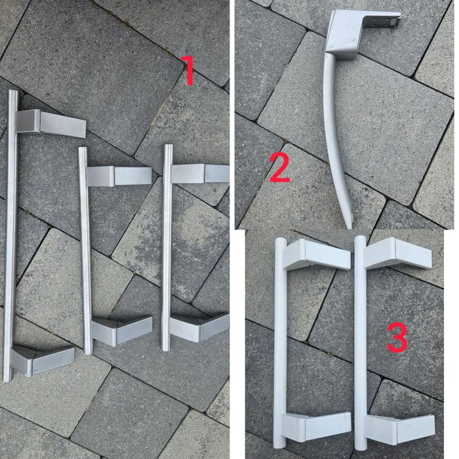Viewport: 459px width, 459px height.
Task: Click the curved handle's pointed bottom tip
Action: coord(349,227)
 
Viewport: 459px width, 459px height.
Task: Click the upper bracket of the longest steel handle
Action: coord(50,123)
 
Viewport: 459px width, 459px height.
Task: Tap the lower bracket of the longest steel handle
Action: coord(43,360)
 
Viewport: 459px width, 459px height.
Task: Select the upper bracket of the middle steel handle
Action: coord(119,176)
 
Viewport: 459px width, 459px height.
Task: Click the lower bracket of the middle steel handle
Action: coord(121,330)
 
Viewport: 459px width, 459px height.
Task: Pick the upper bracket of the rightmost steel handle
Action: coord(200,174)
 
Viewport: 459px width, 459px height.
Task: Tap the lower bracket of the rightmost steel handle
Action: coord(199,328)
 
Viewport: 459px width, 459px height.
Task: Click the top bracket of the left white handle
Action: coord(316,254)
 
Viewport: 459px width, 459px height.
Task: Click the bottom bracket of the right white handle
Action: coord(400,429)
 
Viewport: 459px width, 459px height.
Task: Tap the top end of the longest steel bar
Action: coord(12,92)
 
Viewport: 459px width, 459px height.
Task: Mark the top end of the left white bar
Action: coord(280,241)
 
